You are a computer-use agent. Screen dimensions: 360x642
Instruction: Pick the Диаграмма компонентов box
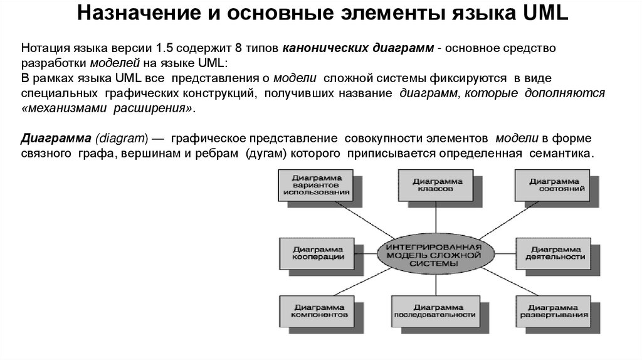pyautogui.click(x=317, y=311)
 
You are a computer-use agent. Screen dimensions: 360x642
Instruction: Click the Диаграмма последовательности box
pyautogui.click(x=433, y=311)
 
